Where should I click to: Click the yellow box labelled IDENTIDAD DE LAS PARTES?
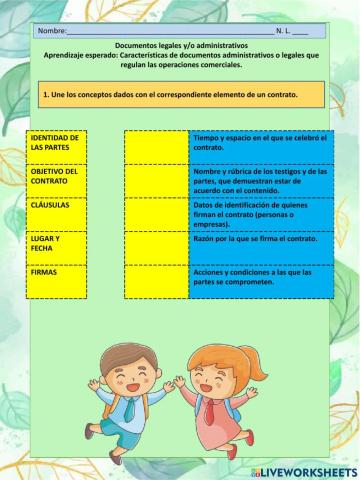click(57, 147)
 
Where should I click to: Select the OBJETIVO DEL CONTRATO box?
click(57, 181)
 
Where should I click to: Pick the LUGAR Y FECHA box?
click(57, 249)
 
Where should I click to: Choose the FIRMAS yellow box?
click(57, 281)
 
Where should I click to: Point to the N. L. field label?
click(284, 32)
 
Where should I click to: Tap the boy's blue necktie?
click(131, 408)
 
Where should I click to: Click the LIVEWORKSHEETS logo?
click(304, 471)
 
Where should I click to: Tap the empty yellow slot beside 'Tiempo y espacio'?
click(156, 147)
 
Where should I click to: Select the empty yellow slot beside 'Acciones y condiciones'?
click(156, 281)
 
